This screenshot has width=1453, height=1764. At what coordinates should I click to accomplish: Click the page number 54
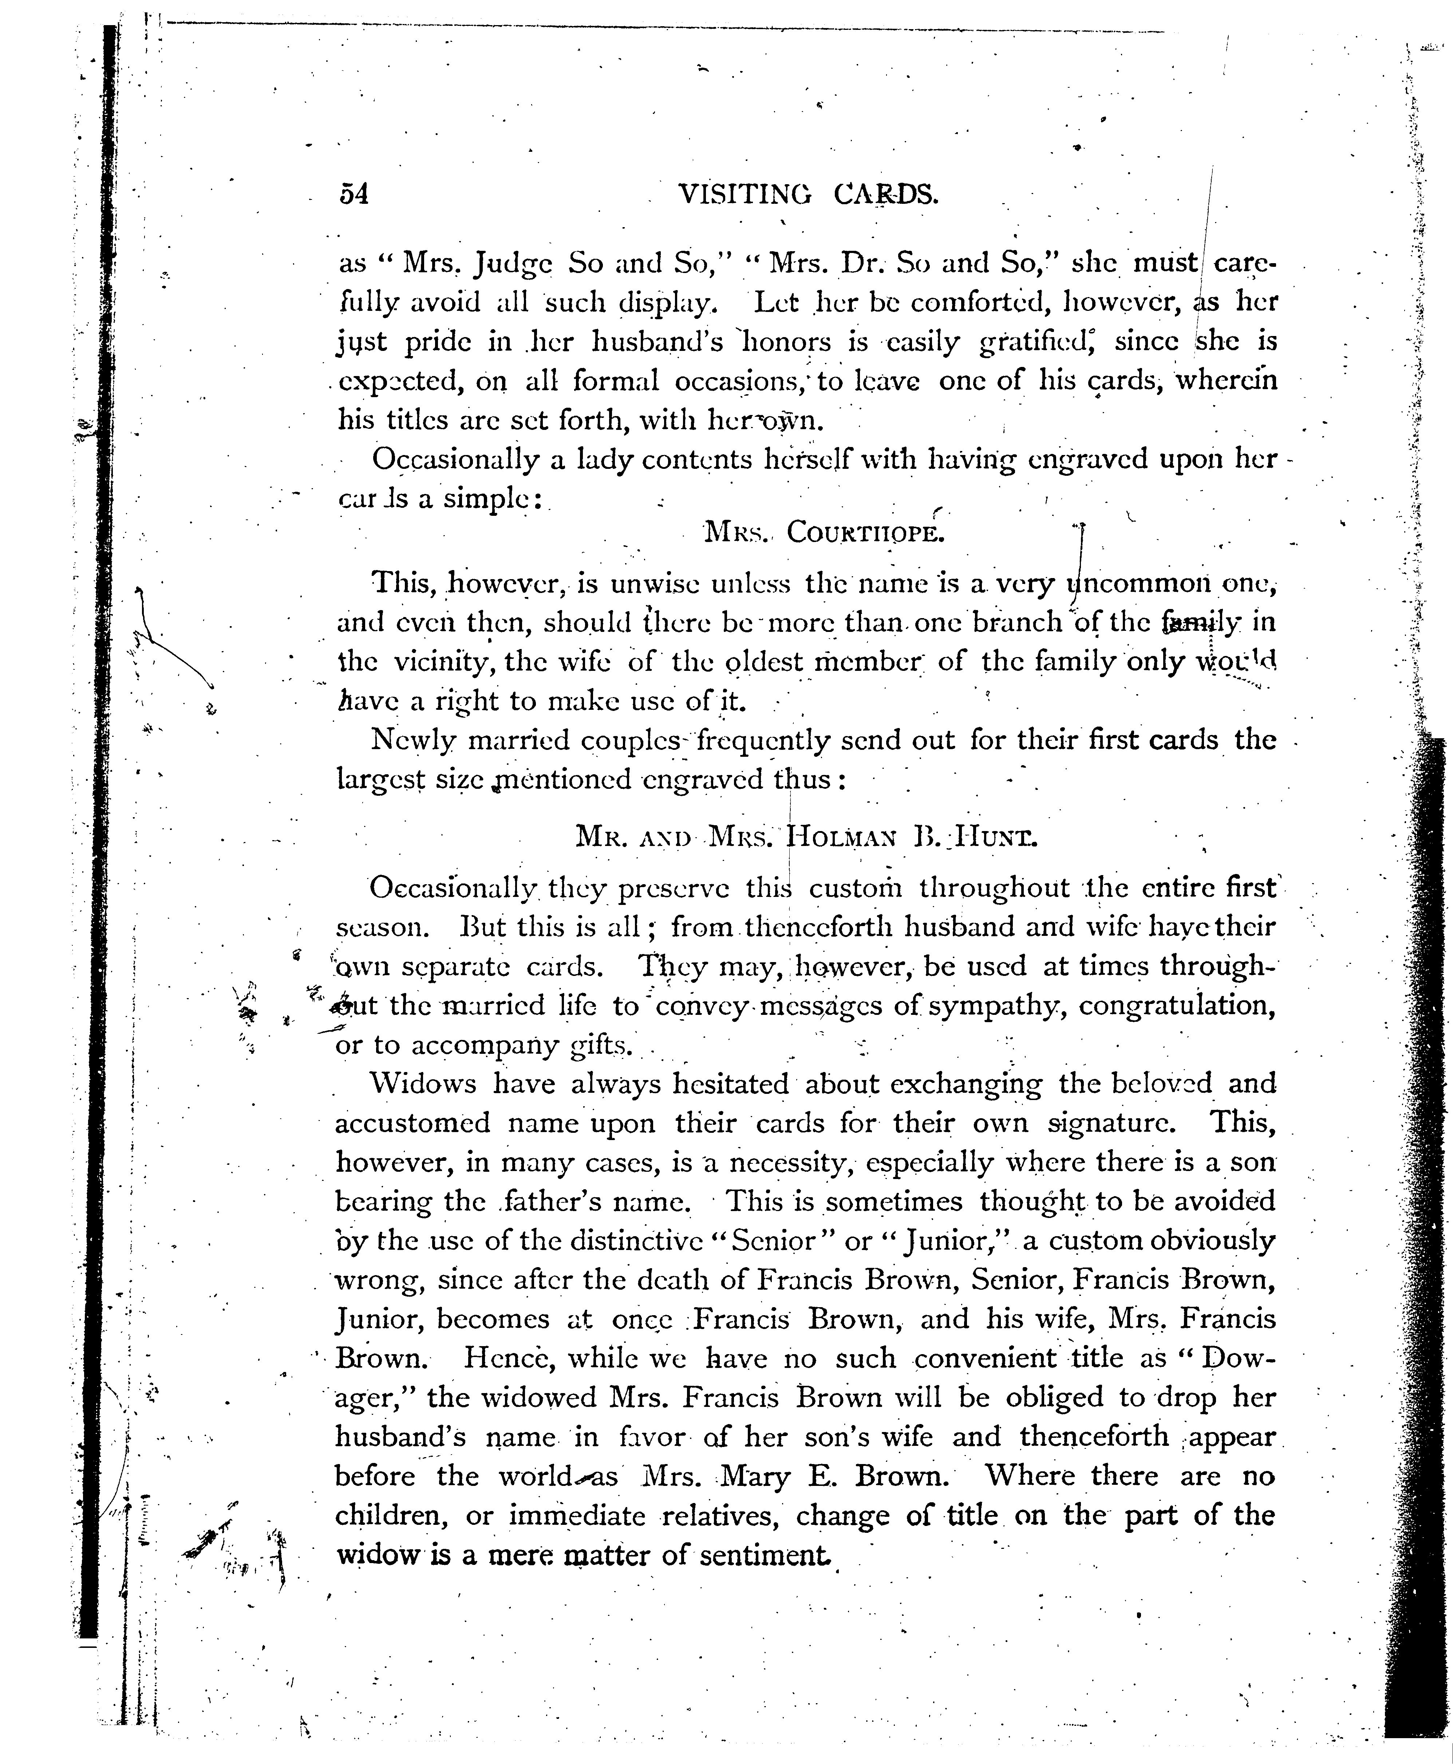point(353,194)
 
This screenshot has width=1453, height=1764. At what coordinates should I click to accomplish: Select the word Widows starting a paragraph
point(423,1084)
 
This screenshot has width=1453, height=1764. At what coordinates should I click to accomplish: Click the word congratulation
point(1177,1005)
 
